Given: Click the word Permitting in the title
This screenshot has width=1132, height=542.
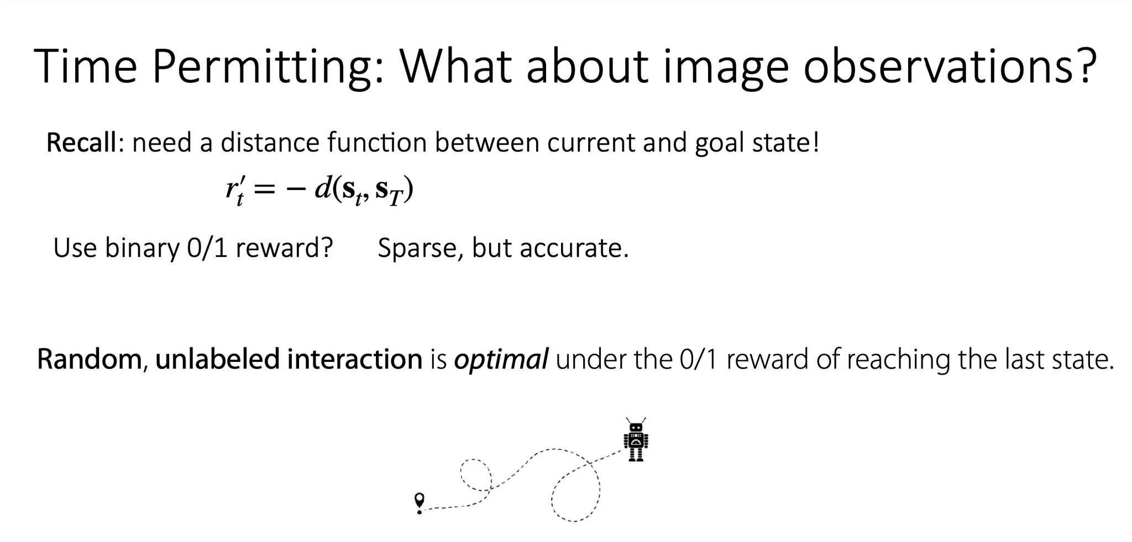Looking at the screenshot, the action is [x=268, y=67].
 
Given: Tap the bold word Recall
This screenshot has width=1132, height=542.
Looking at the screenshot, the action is [x=81, y=143].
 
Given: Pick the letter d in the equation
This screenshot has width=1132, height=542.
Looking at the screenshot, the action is [x=322, y=188].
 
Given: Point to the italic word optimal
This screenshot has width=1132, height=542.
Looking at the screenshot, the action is [x=501, y=360].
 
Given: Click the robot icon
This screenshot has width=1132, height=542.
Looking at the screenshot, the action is [x=636, y=439].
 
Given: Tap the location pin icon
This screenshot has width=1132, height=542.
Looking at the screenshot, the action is [x=420, y=503].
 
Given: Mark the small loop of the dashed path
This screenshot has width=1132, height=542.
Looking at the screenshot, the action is [x=476, y=474].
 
